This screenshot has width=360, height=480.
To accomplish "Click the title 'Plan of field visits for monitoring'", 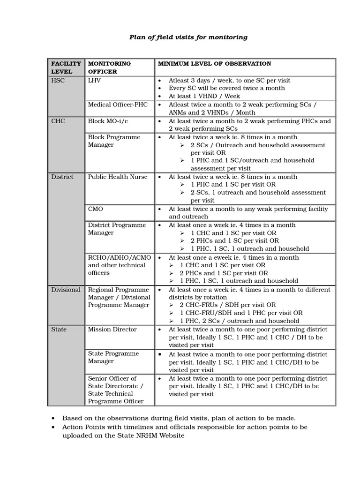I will (x=188, y=37).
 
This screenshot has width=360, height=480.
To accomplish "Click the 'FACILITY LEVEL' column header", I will (x=66, y=67).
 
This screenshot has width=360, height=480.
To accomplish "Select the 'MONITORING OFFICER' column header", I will (x=109, y=67).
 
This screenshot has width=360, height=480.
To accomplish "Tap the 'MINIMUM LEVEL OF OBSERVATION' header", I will (x=214, y=63).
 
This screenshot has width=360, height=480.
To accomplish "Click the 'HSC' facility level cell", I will (x=58, y=81).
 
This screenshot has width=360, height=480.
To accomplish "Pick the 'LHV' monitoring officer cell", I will (x=94, y=81).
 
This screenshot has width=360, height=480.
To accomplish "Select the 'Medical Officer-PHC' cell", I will (x=118, y=105).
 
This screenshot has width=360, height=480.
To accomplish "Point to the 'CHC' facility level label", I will (x=58, y=121).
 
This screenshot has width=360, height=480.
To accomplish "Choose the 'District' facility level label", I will (x=62, y=177).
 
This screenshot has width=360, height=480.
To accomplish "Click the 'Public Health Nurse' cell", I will (x=118, y=177).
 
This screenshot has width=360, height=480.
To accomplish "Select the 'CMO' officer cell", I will (x=96, y=209).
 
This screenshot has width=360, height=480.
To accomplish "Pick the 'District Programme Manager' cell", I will (x=117, y=229).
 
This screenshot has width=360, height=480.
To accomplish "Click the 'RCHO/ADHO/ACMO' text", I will (x=120, y=257).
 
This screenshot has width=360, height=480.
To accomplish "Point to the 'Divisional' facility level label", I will (x=66, y=290).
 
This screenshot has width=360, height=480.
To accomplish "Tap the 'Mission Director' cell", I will (x=112, y=330).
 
